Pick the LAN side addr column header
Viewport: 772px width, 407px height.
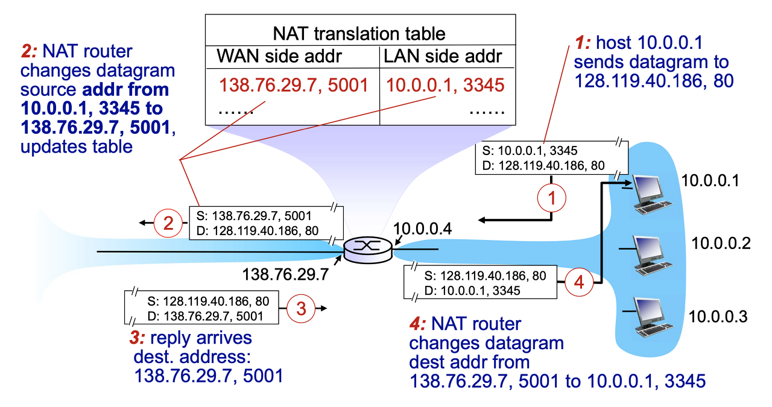pos(443,57)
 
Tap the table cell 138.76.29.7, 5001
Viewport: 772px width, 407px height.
pos(294,86)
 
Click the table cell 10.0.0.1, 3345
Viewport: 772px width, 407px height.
pos(445,86)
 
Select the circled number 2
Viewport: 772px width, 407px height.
pos(168,223)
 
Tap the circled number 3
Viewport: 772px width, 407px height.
pos(302,308)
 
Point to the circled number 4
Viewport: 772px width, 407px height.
pos(578,282)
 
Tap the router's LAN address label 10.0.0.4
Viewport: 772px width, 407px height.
pos(421,229)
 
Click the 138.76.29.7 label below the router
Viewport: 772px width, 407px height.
pos(285,275)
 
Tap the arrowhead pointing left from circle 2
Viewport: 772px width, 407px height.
pos(143,223)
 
